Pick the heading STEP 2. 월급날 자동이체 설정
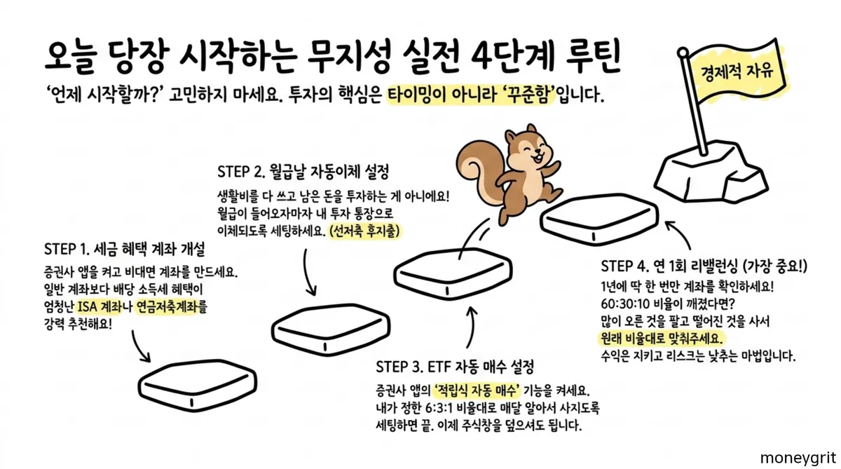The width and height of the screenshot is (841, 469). (x=303, y=170)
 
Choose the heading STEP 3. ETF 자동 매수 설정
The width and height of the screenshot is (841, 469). (x=455, y=367)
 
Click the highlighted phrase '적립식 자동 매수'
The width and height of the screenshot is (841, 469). (x=481, y=390)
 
